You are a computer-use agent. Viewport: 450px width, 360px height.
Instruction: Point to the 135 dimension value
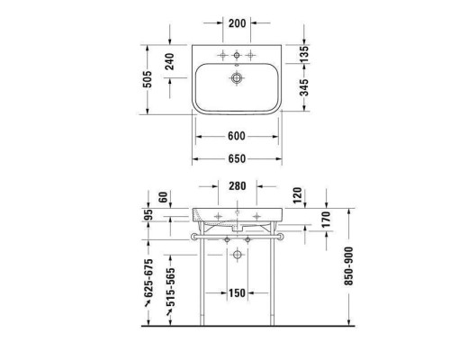(305, 53)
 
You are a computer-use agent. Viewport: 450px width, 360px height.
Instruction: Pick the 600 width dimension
(237, 137)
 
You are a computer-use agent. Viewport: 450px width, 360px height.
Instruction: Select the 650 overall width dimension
(237, 159)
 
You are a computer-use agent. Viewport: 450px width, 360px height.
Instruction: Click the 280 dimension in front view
(238, 187)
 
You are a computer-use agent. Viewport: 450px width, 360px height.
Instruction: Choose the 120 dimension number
(298, 195)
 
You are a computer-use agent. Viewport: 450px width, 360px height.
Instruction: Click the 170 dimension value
(326, 219)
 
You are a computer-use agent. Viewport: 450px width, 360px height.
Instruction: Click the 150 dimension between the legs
(237, 293)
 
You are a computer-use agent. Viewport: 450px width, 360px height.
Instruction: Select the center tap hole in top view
(238, 54)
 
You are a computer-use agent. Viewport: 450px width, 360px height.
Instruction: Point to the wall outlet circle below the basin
(238, 256)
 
